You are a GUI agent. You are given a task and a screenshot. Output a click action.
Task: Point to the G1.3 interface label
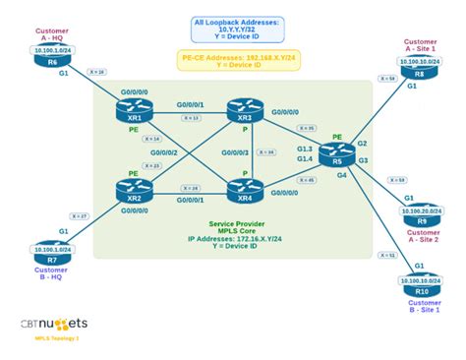pos(305,147)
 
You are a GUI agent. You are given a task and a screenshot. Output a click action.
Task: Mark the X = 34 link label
pos(265,152)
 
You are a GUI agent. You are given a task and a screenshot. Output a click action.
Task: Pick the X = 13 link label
pos(191,118)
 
